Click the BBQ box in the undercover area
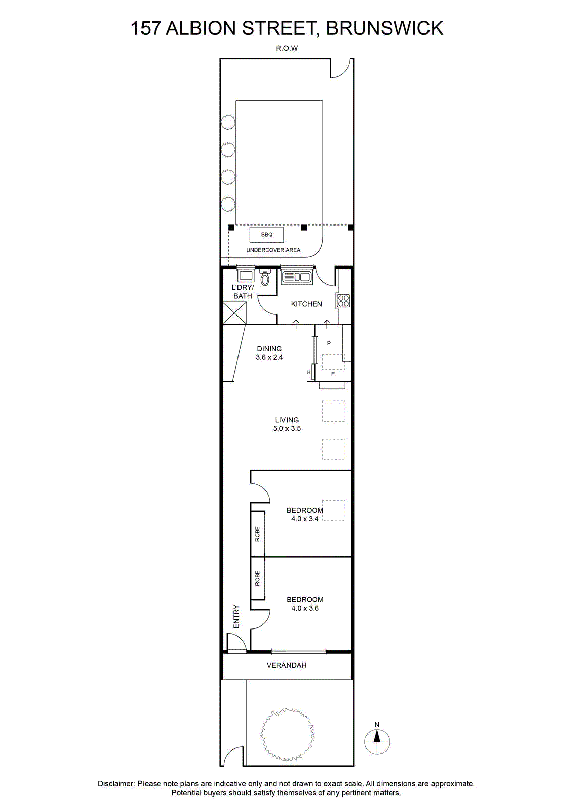[x=267, y=235]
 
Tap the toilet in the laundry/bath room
[x=265, y=278]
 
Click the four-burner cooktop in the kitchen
[x=343, y=301]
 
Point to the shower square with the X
[x=235, y=313]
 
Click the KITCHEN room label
[x=306, y=304]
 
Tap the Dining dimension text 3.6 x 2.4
[x=269, y=357]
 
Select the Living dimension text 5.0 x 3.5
[x=287, y=428]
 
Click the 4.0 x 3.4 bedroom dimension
[x=305, y=519]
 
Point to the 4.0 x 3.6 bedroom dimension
[x=305, y=608]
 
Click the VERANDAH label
[x=287, y=665]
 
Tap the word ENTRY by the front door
[x=236, y=616]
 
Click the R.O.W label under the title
[x=287, y=48]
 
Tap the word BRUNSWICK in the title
[x=385, y=28]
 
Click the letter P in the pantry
[x=329, y=343]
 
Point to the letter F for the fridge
[x=333, y=374]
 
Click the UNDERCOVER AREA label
[x=273, y=250]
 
